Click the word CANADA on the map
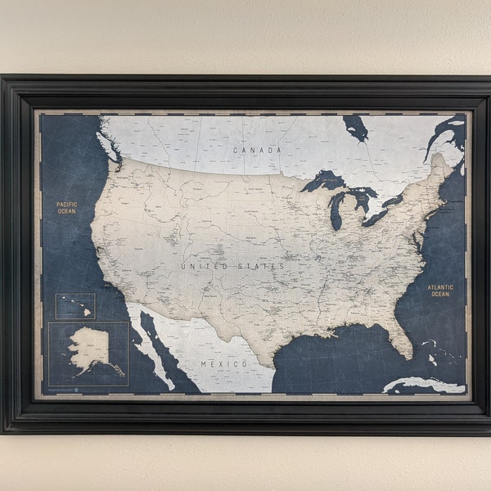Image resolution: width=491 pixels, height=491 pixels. coord(257,150)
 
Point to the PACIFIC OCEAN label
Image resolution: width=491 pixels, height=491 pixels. coord(66,208)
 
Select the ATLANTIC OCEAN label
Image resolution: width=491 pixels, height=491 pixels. coord(439,291)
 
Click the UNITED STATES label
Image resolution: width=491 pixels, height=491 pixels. coord(233,266)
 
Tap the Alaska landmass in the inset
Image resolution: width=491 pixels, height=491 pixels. coord(87,348)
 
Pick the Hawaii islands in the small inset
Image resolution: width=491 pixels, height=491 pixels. coord(83,310)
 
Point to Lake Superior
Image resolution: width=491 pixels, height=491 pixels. coord(322,180)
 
